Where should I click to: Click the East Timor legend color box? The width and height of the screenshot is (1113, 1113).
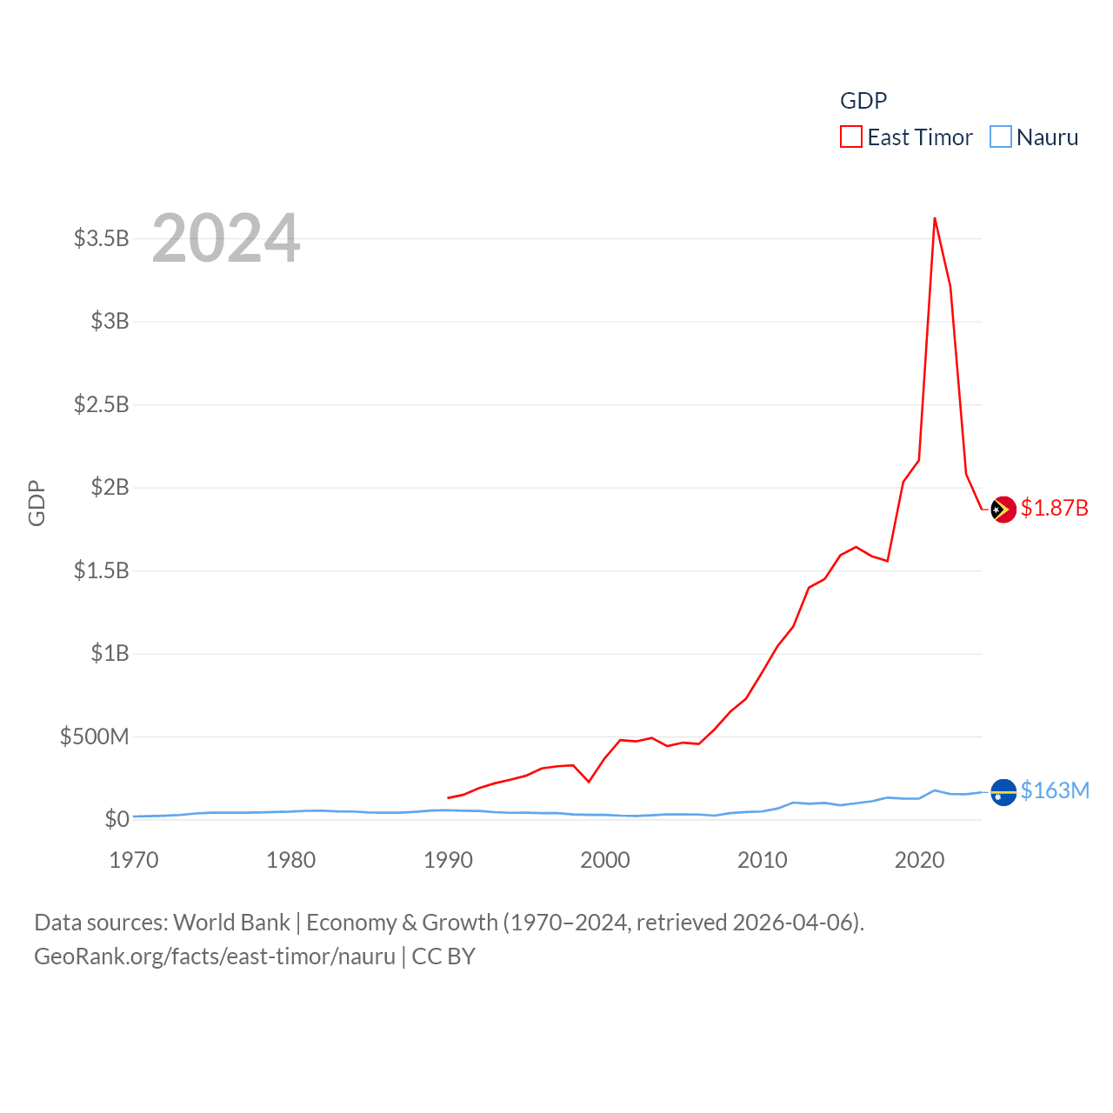coord(850,137)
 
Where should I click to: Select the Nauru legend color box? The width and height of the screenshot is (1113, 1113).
coord(1001,137)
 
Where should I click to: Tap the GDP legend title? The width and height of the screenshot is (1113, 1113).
coord(863,101)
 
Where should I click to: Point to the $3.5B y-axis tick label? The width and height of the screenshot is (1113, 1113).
coord(101,238)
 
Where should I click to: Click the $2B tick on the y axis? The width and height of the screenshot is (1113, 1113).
coord(110,487)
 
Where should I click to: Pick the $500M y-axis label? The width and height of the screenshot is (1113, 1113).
coord(94,736)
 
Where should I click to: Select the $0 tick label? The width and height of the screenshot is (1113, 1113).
coord(117,819)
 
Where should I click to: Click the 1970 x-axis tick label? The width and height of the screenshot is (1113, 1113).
coord(134,860)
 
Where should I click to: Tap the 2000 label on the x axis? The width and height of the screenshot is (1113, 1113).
coord(605,860)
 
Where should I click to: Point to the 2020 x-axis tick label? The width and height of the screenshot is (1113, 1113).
coord(919,860)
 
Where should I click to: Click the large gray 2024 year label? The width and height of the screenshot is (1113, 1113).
coord(226,238)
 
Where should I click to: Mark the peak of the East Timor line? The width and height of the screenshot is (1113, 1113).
coord(935,218)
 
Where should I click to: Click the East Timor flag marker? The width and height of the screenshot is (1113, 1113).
coord(1003,510)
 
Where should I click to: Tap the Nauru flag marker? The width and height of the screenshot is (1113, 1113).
coord(1003,792)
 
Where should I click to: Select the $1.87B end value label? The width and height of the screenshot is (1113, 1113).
coord(1054,508)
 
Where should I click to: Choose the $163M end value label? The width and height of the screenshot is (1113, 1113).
coord(1055,790)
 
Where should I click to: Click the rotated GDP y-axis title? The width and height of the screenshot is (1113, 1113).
coord(37,503)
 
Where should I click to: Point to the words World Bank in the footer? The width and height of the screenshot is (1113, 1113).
coord(232,922)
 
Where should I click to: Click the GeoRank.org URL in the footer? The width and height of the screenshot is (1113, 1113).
coord(215,956)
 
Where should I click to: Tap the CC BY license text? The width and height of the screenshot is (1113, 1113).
coord(443,956)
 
